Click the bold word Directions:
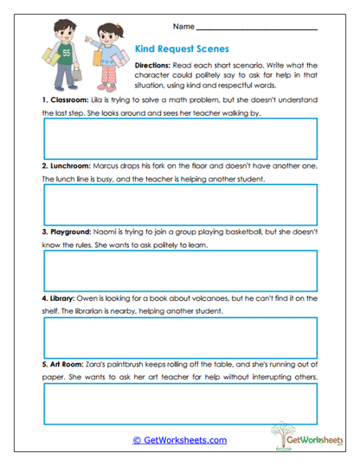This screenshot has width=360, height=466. point(157,66)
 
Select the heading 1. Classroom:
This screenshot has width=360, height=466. point(67,100)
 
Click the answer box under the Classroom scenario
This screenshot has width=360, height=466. point(179,137)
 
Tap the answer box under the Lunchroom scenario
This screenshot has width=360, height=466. point(179,204)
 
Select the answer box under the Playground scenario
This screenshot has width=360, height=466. point(179,271)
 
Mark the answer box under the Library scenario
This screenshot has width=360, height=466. point(179,336)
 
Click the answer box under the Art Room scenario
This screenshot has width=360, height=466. point(179,402)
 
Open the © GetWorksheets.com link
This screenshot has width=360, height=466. point(179,440)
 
